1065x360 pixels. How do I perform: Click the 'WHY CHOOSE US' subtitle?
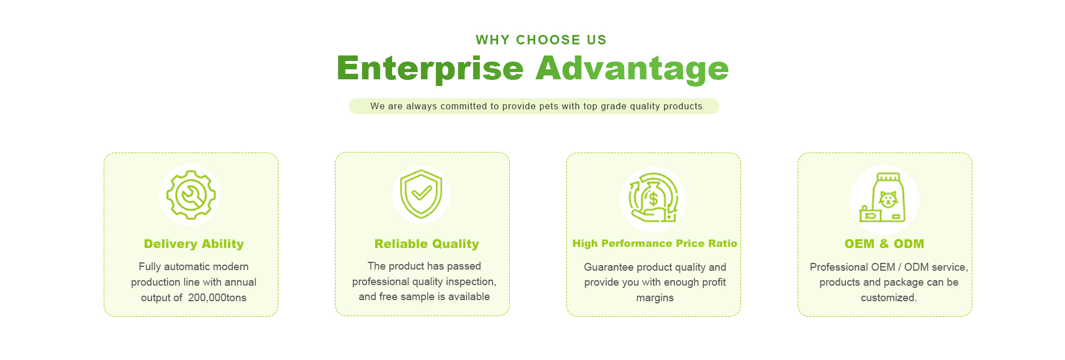pyautogui.click(x=541, y=40)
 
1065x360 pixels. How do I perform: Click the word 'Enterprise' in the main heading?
pyautogui.click(x=430, y=69)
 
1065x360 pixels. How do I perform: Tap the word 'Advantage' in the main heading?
pyautogui.click(x=632, y=69)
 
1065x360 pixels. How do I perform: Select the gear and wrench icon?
pyautogui.click(x=191, y=195)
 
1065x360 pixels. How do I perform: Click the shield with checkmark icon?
pyautogui.click(x=421, y=194)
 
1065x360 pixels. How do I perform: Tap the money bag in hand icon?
pyautogui.click(x=653, y=198)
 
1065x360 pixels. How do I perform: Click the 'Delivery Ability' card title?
pyautogui.click(x=194, y=244)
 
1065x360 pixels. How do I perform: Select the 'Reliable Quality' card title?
pyautogui.click(x=427, y=244)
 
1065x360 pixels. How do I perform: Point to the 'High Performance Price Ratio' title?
pyautogui.click(x=655, y=244)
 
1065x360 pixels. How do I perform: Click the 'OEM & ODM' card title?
pyautogui.click(x=884, y=244)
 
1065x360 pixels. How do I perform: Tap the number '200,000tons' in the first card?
pyautogui.click(x=217, y=298)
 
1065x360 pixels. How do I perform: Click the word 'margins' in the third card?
pyautogui.click(x=655, y=298)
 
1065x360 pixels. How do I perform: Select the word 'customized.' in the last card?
pyautogui.click(x=889, y=298)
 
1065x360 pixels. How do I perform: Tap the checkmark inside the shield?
pyautogui.click(x=422, y=192)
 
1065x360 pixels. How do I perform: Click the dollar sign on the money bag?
pyautogui.click(x=653, y=199)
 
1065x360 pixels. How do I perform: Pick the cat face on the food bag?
pyautogui.click(x=888, y=199)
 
